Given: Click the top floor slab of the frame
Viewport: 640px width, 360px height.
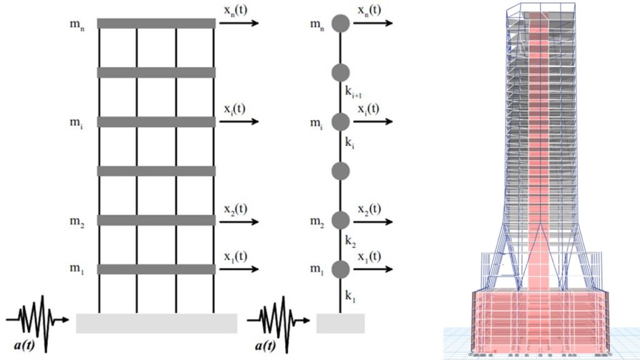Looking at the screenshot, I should [156, 23].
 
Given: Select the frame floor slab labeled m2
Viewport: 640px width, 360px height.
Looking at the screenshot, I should [156, 220].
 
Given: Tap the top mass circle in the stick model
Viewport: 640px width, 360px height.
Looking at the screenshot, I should [340, 24].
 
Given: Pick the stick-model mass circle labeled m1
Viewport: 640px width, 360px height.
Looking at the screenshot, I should [340, 269].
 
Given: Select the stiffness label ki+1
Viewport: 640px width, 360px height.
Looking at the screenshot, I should [354, 91].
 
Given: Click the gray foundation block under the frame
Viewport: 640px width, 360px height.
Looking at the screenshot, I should [156, 323].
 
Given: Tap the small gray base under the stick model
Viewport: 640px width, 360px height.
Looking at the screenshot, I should [341, 323].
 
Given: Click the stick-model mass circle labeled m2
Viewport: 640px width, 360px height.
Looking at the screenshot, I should [340, 220].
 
